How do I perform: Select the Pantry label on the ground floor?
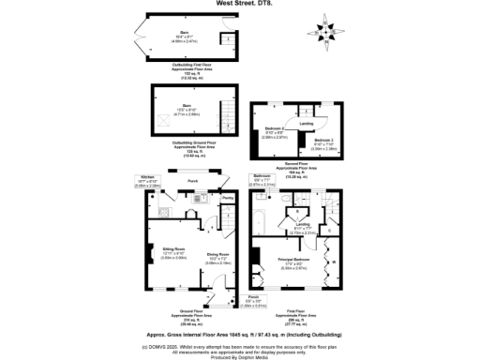click(x=227, y=199)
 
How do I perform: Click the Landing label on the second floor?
click(x=305, y=122)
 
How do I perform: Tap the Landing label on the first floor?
click(x=302, y=226)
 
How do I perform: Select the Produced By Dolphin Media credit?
click(x=240, y=356)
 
